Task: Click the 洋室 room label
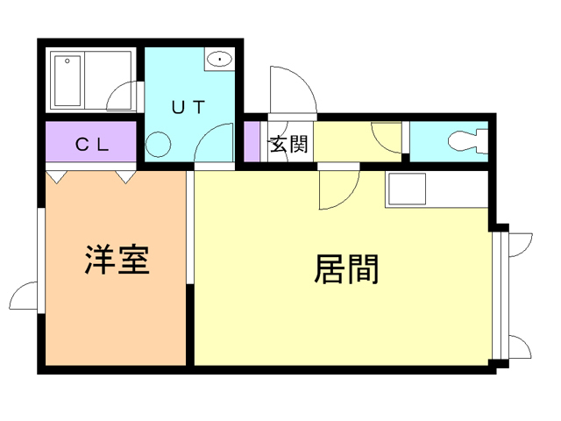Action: pos(116,260)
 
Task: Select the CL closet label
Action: pos(91,146)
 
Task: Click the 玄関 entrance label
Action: pos(288,145)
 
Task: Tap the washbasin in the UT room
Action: pos(218,60)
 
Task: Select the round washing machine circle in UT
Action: pos(159,144)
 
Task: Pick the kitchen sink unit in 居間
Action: pos(406,189)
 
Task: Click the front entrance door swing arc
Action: pos(288,89)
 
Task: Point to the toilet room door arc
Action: pos(387,137)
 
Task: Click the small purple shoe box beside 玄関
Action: pos(252,143)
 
